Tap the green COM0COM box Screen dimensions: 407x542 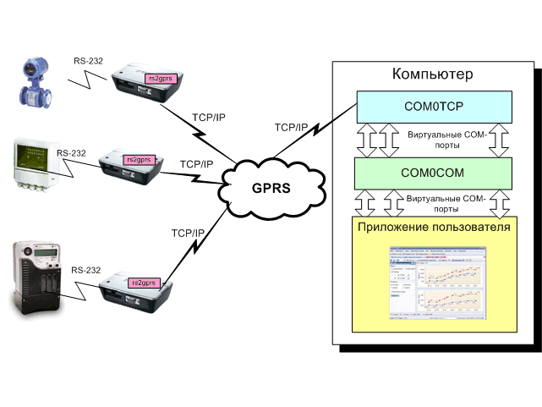pos(434,173)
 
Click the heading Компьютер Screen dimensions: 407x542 pos(432,75)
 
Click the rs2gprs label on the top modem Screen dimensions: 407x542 pos(159,78)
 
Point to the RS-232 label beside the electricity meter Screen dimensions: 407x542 pos(86,271)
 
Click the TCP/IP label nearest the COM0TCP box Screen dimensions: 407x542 pos(292,128)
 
